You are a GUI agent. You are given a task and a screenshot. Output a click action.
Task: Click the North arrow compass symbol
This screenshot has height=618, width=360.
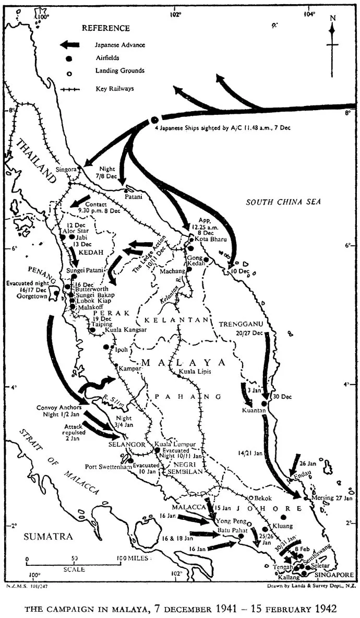332,37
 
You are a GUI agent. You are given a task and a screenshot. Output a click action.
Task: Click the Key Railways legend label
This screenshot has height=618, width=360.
114,89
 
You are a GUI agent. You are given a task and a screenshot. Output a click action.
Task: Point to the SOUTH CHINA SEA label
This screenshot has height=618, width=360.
284,201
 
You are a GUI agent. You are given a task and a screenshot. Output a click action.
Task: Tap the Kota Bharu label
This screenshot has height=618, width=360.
211,239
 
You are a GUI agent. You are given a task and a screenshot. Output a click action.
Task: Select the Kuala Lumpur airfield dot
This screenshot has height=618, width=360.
157,450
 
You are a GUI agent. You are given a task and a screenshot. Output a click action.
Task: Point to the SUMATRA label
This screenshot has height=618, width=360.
43,536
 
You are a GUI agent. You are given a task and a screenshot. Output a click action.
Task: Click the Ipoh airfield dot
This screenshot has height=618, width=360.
106,347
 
